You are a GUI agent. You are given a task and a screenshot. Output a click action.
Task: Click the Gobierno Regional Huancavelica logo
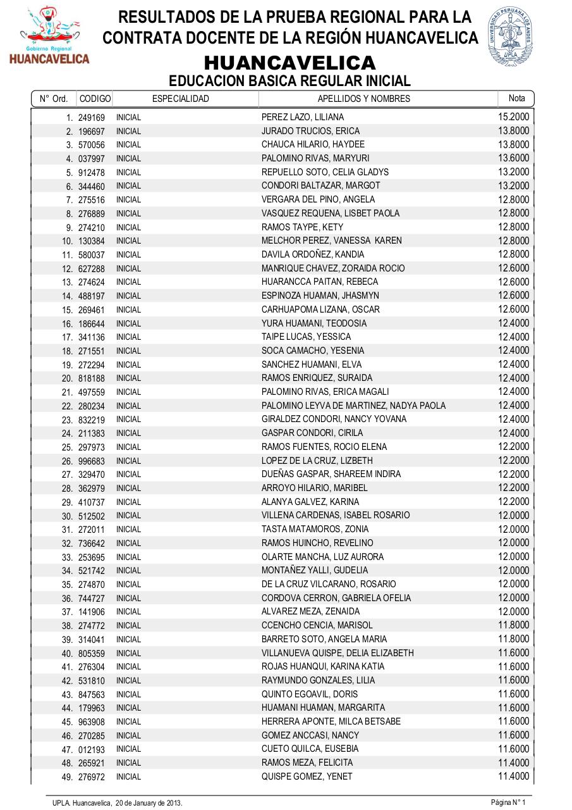coord(49,35)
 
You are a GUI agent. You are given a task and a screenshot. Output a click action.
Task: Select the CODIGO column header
coord(95,99)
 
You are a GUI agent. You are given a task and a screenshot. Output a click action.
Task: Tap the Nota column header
coord(516,98)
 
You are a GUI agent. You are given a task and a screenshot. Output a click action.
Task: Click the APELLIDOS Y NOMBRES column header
coord(363,99)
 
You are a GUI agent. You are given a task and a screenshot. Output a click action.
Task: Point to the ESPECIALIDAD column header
coord(180,99)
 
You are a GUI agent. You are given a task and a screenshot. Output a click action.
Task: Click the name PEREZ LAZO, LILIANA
coord(303,117)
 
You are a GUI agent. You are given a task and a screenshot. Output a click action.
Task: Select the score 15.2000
coord(513,117)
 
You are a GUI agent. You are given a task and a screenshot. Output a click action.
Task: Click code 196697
coord(92,132)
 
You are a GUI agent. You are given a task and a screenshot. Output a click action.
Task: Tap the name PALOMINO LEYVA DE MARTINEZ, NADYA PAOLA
coord(353,406)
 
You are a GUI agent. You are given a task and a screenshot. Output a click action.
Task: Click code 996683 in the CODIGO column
coord(92,461)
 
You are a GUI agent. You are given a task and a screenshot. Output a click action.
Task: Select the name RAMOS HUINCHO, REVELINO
coord(317,543)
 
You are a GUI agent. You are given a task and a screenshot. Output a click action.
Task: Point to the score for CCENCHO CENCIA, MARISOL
coord(513,625)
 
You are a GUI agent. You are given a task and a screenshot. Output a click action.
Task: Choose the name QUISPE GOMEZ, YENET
coord(307,776)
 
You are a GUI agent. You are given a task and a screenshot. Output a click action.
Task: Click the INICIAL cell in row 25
coord(128,447)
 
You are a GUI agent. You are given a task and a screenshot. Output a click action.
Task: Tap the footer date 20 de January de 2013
coord(149,802)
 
